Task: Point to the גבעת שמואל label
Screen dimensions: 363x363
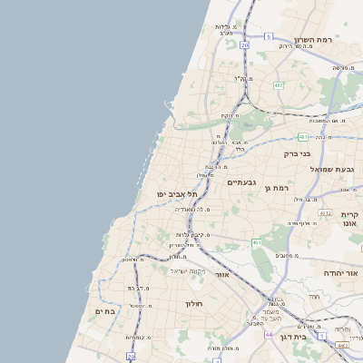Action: coord(329,169)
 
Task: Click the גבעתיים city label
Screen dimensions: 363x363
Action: coord(242,181)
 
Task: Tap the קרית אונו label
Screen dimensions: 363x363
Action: coord(352,219)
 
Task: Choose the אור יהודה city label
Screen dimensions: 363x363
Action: coord(343,272)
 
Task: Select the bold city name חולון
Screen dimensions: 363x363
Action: coord(195,303)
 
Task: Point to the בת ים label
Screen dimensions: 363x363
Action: coord(105,311)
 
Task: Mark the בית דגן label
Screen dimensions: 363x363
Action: coord(314,335)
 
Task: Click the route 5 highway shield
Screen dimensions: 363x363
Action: coord(269,35)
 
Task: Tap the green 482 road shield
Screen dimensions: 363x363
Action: coord(279,85)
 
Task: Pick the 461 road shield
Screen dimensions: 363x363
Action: coord(258,242)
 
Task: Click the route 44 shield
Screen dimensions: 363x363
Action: coord(269,334)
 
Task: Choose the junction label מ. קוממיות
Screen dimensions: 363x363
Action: coord(138,337)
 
